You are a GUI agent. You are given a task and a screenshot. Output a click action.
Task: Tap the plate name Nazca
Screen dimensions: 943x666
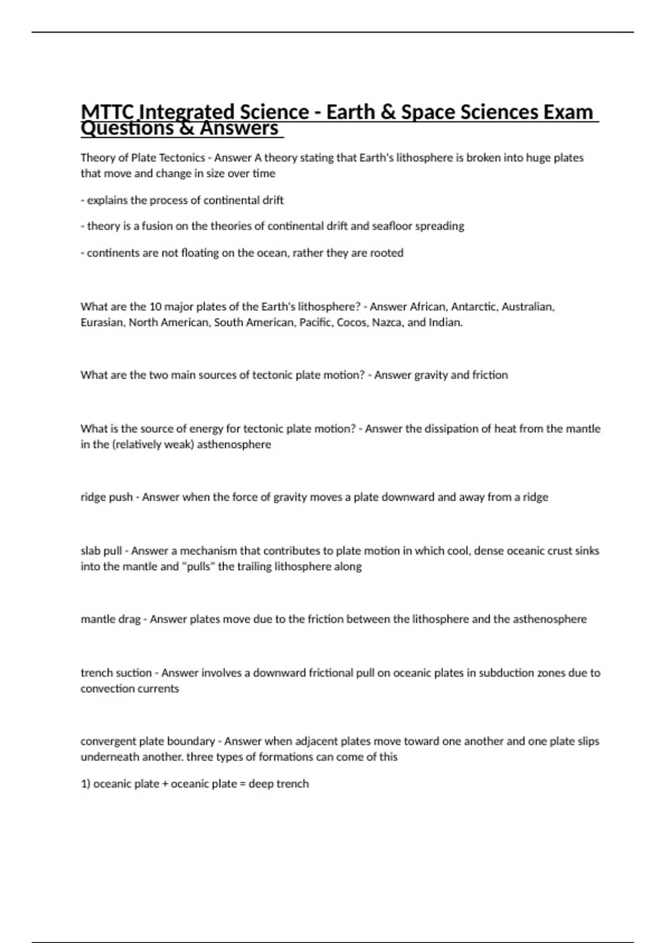pyautogui.click(x=387, y=322)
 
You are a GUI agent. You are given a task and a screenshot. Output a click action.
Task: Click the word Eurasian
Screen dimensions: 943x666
pyautogui.click(x=103, y=322)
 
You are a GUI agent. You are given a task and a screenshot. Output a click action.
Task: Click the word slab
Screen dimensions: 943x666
pyautogui.click(x=90, y=551)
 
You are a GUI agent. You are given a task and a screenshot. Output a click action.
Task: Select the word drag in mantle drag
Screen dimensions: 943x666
pyautogui.click(x=128, y=620)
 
